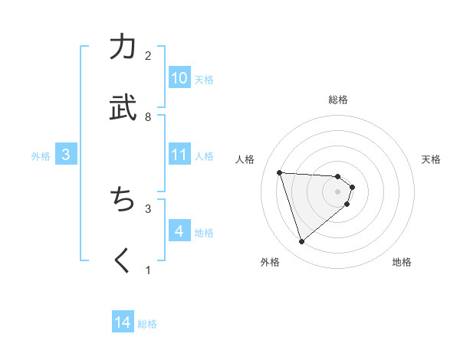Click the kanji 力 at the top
(x=123, y=47)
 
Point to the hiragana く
(x=123, y=260)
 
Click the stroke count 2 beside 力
(x=148, y=56)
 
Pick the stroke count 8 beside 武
(x=148, y=117)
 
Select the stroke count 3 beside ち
(x=148, y=208)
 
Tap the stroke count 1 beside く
(x=148, y=270)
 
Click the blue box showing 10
(x=179, y=78)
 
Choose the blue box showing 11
(x=179, y=155)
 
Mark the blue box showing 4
(x=179, y=231)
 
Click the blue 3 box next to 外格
(x=66, y=155)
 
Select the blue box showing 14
(x=123, y=323)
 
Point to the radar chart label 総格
(x=338, y=100)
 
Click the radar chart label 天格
(x=431, y=159)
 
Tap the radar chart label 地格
(x=402, y=262)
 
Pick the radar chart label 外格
(x=270, y=262)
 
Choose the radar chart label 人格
(x=245, y=159)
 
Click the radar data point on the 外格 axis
(x=301, y=242)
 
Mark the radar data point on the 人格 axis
(x=280, y=172)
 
